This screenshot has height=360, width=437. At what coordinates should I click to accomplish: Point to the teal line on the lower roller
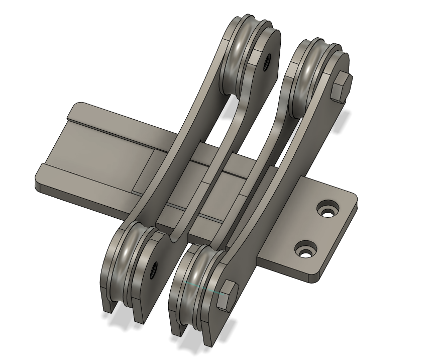click(201, 288)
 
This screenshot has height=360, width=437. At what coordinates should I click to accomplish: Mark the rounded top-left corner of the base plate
click(75, 107)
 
